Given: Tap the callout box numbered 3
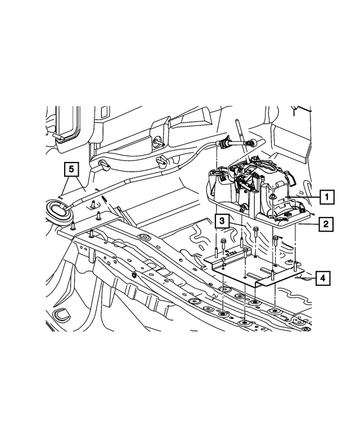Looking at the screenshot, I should click(x=223, y=222).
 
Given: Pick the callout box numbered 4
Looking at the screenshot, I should click(x=322, y=278).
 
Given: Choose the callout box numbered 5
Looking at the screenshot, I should click(x=70, y=168).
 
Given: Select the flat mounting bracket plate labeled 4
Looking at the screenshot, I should click(x=247, y=270).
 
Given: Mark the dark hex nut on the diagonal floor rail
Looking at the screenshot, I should click(x=135, y=274).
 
